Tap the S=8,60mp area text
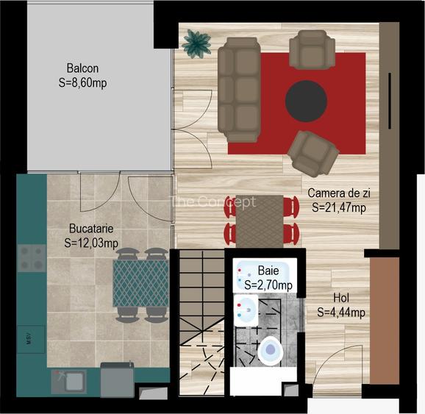(82, 83)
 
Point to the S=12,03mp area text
(91, 243)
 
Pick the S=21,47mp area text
(339, 207)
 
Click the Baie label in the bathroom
(268, 271)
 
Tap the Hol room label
(341, 299)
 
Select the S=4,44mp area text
(341, 313)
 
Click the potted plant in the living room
(196, 43)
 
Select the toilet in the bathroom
(271, 350)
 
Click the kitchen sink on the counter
(67, 381)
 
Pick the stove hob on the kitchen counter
(32, 257)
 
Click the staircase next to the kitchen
(201, 316)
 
